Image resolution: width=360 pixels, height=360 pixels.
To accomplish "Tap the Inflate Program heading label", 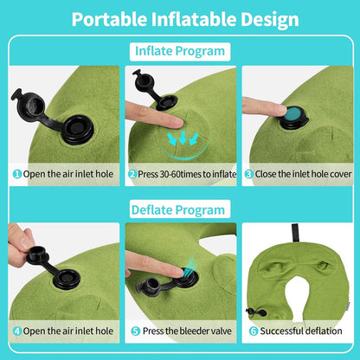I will pyautogui.click(x=180, y=51).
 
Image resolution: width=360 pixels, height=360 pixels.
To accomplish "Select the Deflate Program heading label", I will pyautogui.click(x=180, y=209).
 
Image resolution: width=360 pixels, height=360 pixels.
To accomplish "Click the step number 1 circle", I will pyautogui.click(x=16, y=173).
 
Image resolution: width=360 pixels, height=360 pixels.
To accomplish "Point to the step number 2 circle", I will pyautogui.click(x=132, y=173).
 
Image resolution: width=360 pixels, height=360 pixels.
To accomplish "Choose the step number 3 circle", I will pyautogui.click(x=248, y=173).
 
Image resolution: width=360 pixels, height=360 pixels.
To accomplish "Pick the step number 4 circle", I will pyautogui.click(x=16, y=330).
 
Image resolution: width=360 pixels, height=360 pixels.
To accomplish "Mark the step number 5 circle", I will pyautogui.click(x=135, y=330).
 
